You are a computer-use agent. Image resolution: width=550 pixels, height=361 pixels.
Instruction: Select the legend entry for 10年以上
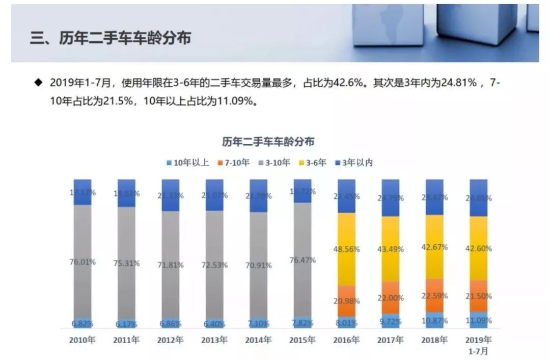point(187,163)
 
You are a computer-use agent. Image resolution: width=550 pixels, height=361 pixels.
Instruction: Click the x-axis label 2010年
point(82,341)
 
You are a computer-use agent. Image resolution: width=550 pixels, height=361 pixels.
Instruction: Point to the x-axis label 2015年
point(302,341)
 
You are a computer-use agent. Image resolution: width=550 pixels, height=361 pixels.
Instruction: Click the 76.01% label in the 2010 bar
point(82,262)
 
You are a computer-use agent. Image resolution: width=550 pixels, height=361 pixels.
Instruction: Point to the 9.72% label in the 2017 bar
point(390,321)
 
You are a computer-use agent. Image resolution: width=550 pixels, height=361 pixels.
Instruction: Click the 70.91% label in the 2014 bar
point(258,265)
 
